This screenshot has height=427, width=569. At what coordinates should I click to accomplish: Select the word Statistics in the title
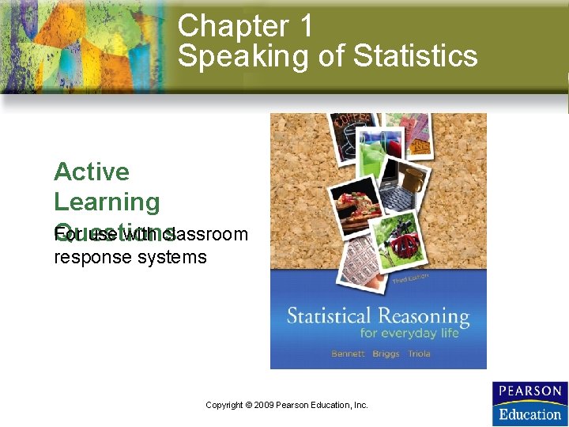tap(416, 56)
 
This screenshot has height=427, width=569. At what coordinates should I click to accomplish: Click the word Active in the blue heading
tap(92, 172)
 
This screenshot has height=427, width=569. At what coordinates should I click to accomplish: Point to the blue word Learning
tap(107, 202)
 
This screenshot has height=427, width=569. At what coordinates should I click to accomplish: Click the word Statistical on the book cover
tap(330, 317)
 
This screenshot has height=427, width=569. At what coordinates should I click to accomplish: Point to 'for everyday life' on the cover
tap(409, 334)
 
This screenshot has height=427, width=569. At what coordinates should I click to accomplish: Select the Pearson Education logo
tap(528, 403)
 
